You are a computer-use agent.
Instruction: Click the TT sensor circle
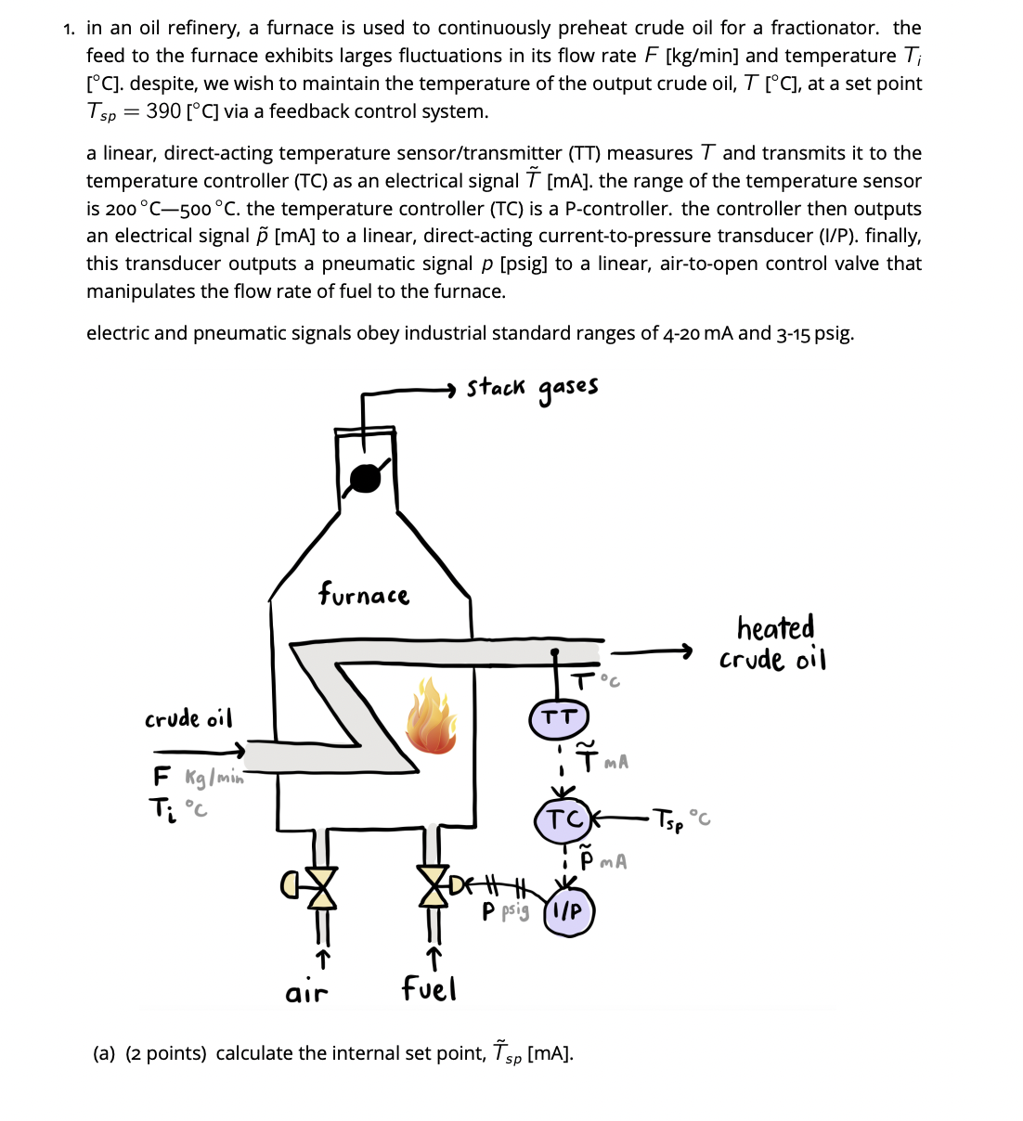coord(559,718)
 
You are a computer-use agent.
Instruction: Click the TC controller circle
coord(563,819)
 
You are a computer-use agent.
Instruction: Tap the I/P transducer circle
coord(568,911)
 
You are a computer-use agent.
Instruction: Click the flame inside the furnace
coord(430,716)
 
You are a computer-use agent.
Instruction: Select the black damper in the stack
coord(365,478)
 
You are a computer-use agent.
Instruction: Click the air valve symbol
coord(318,887)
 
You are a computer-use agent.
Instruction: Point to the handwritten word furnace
coord(363,594)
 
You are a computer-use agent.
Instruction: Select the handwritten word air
coord(306,993)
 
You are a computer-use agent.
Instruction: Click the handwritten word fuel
coord(429,988)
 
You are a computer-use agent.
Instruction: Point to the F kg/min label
coord(198,777)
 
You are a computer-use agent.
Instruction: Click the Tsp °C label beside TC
coord(681,819)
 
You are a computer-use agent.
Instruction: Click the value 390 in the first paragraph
coord(163,111)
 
